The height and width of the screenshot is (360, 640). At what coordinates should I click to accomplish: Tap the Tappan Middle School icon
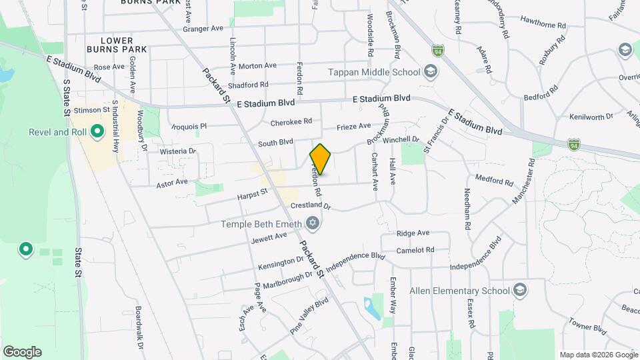pyautogui.click(x=431, y=72)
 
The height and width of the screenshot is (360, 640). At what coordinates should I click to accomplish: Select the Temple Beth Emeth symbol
pyautogui.click(x=312, y=223)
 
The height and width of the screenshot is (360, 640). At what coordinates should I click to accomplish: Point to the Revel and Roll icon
pyautogui.click(x=97, y=132)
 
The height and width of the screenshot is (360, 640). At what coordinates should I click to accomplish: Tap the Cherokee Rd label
pyautogui.click(x=291, y=122)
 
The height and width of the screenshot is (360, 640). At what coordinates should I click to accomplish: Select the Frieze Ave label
pyautogui.click(x=353, y=126)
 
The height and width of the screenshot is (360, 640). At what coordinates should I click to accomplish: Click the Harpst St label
pyautogui.click(x=252, y=194)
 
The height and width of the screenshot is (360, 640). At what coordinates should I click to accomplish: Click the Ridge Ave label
pyautogui.click(x=413, y=233)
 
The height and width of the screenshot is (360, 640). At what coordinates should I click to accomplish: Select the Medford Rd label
pyautogui.click(x=494, y=180)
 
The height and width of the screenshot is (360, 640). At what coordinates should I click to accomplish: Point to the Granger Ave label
pyautogui.click(x=203, y=29)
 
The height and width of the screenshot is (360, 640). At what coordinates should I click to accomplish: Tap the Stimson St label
pyautogui.click(x=93, y=109)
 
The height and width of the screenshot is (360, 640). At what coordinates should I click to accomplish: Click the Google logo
pyautogui.click(x=22, y=352)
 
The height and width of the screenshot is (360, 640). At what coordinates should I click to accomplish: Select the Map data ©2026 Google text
pyautogui.click(x=598, y=355)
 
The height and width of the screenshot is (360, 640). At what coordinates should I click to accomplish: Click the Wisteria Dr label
pyautogui.click(x=178, y=151)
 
